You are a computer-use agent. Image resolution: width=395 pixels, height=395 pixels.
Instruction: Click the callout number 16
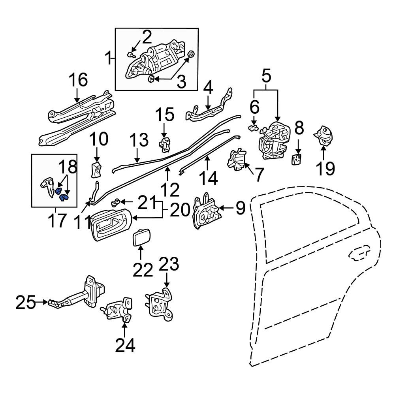coord(78,80)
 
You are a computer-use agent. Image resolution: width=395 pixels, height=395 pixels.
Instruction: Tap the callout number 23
coord(169,264)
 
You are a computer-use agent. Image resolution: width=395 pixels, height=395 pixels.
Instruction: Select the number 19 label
coord(326,169)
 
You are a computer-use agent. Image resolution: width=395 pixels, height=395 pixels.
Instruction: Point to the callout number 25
coord(26,302)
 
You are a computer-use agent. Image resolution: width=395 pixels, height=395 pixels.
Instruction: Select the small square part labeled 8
coord(297,159)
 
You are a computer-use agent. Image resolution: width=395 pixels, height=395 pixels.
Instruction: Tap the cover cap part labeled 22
coord(141,237)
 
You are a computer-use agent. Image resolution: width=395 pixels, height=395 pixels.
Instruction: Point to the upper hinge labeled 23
coord(159,304)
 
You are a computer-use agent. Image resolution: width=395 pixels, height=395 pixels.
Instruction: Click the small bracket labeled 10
coord(96,169)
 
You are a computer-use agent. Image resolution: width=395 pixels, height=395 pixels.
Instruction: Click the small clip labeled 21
coord(116,202)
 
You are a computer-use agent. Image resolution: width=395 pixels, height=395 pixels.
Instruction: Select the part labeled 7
coord(236,160)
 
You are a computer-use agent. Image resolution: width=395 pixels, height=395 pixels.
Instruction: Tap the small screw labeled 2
coord(131,54)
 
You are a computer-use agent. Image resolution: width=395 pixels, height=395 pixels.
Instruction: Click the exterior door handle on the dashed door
coord(359,254)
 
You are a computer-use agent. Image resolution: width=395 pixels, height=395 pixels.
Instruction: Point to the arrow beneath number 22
coord(141,253)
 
